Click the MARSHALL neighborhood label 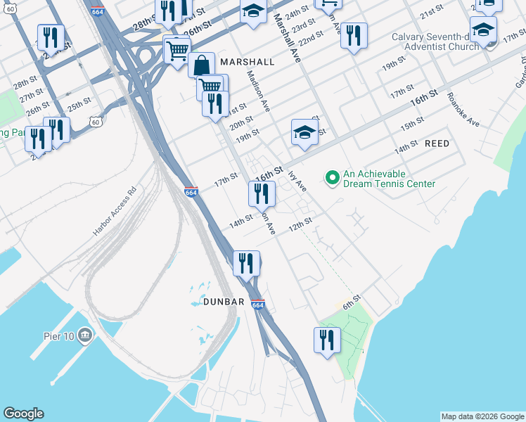(x=247, y=62)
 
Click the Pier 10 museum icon (x=86, y=333)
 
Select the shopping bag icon (x=201, y=65)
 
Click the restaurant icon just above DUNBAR (x=246, y=264)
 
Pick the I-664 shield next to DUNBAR (x=257, y=305)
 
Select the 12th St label (x=300, y=221)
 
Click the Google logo (x=23, y=414)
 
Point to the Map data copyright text (x=482, y=416)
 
